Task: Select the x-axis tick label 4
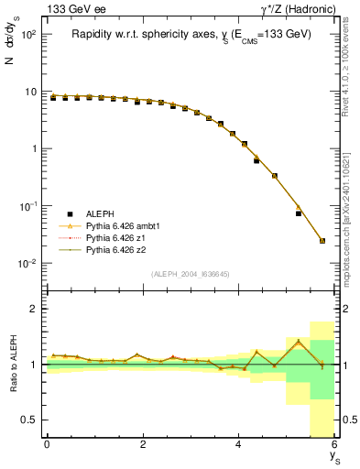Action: click(x=239, y=444)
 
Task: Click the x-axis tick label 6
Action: click(x=334, y=444)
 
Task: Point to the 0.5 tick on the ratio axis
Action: click(x=29, y=420)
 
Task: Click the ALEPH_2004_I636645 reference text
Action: click(x=191, y=274)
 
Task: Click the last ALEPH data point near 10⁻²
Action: click(x=322, y=241)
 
